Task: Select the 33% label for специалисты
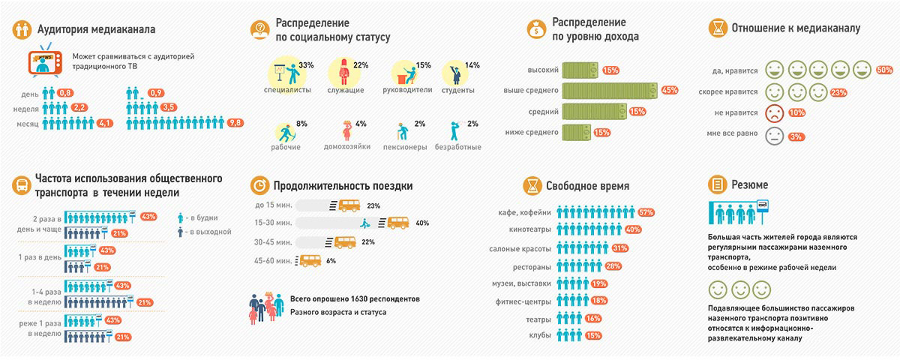pos(306,65)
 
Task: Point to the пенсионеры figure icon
pos(403,132)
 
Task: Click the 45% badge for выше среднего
pos(670,91)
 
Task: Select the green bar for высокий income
pos(580,70)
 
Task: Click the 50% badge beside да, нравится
pos(883,70)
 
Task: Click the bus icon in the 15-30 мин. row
pos(399,223)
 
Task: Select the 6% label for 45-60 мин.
pos(331,261)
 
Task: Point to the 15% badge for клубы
pos(593,334)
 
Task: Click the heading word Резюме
pos(751,184)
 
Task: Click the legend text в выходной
pos(211,232)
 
